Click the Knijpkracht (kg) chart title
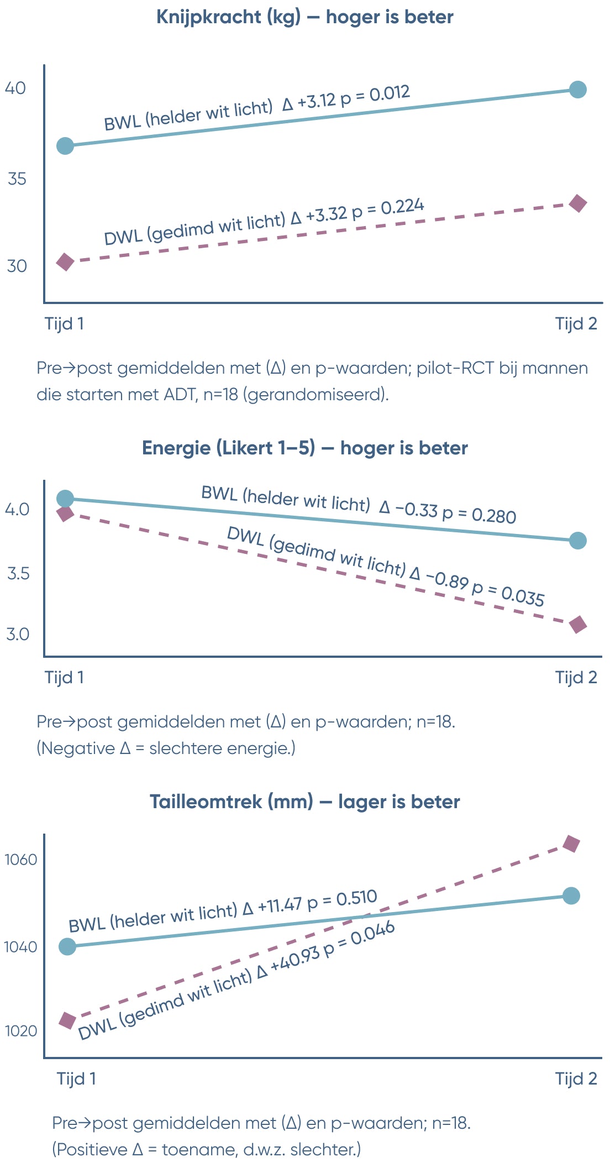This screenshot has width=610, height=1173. pyautogui.click(x=305, y=17)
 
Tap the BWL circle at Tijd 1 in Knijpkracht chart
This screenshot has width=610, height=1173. pyautogui.click(x=65, y=146)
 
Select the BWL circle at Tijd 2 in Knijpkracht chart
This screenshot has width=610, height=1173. pyautogui.click(x=577, y=90)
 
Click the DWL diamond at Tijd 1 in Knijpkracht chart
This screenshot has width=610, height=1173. pyautogui.click(x=65, y=261)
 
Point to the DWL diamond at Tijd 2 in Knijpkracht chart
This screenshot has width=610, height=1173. pyautogui.click(x=578, y=203)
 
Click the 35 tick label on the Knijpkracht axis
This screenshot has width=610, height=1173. pyautogui.click(x=17, y=179)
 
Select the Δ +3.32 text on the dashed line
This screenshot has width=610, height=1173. pyautogui.click(x=319, y=215)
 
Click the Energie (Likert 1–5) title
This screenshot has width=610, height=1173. pyautogui.click(x=305, y=448)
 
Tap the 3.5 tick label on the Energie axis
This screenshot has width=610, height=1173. pyautogui.click(x=18, y=573)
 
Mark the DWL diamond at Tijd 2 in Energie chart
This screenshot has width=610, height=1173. pyautogui.click(x=578, y=625)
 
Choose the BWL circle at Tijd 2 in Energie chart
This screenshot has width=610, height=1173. pyautogui.click(x=577, y=541)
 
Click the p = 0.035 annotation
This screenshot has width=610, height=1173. pyautogui.click(x=508, y=592)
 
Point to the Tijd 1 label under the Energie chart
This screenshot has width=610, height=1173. pyautogui.click(x=64, y=677)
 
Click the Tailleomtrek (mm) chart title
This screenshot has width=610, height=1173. pyautogui.click(x=305, y=802)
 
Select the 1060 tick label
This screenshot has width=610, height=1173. pyautogui.click(x=20, y=860)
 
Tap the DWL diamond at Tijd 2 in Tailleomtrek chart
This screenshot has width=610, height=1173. pyautogui.click(x=571, y=844)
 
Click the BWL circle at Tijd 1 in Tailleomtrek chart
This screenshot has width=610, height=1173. pyautogui.click(x=67, y=946)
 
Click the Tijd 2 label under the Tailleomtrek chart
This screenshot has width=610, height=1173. pyautogui.click(x=576, y=1078)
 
